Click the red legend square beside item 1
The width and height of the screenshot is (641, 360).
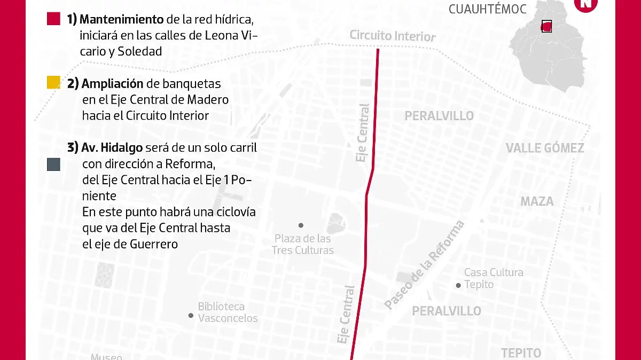[53, 19]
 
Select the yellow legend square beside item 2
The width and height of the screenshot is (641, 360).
[53, 82]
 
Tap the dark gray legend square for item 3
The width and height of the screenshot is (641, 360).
[53, 165]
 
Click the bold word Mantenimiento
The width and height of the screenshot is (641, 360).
[122, 20]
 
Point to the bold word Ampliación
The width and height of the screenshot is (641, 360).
[113, 83]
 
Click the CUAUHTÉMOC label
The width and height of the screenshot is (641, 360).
[487, 9]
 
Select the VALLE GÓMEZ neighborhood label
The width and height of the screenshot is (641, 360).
[545, 148]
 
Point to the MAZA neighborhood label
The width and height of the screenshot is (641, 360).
[537, 201]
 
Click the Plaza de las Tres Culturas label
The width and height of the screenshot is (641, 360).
[302, 244]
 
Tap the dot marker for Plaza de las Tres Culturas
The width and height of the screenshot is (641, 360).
[301, 225]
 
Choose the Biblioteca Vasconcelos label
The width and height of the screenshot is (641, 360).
[228, 312]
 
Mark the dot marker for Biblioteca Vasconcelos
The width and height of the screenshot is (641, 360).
[191, 316]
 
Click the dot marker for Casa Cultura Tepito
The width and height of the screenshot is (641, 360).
[458, 285]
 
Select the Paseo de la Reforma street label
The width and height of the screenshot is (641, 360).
[425, 265]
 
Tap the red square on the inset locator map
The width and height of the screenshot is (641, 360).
[546, 26]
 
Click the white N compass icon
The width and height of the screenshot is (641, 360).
[586, 3]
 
